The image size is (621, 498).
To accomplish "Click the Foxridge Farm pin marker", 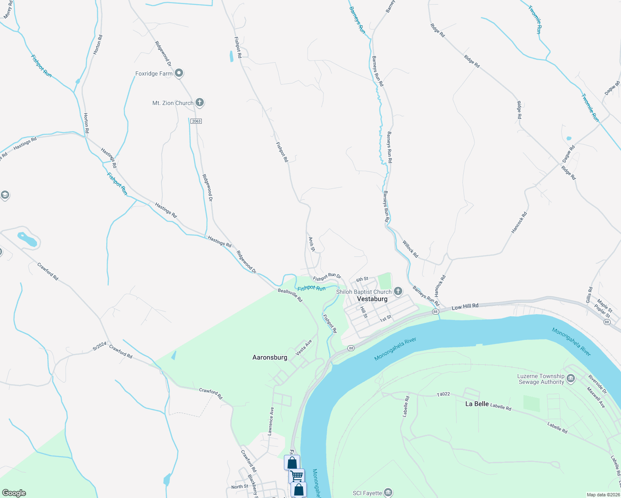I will pyautogui.click(x=179, y=73).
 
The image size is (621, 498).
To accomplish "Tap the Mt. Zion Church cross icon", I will pyautogui.click(x=200, y=103).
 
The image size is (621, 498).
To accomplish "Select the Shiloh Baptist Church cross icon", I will pyautogui.click(x=398, y=291).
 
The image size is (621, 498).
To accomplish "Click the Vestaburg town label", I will pyautogui.click(x=372, y=299).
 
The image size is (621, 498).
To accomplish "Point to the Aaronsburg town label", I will pyautogui.click(x=270, y=357).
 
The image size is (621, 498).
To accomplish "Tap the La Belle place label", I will pyautogui.click(x=477, y=404).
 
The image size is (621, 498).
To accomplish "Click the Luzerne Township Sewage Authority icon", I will pyautogui.click(x=571, y=378).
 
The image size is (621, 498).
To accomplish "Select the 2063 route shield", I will pyautogui.click(x=196, y=121).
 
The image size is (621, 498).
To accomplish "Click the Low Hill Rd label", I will pyautogui.click(x=465, y=307).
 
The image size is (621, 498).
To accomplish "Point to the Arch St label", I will pyautogui.click(x=312, y=244).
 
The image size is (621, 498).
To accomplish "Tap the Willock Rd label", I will pyautogui.click(x=410, y=249).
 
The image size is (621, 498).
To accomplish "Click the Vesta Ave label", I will pyautogui.click(x=303, y=348).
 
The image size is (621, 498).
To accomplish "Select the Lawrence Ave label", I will pyautogui.click(x=271, y=421).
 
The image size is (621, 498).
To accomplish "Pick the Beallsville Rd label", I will pyautogui.click(x=290, y=295).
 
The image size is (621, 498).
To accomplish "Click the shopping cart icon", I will pyautogui.click(x=297, y=476).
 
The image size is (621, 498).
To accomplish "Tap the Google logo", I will pyautogui.click(x=14, y=493).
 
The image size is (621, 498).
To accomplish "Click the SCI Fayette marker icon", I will pyautogui.click(x=388, y=493).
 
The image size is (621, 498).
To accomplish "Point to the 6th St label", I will pyautogui.click(x=362, y=279).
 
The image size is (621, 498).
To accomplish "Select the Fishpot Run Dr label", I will pyautogui.click(x=327, y=276).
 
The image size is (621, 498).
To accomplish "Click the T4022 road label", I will pyautogui.click(x=443, y=394).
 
